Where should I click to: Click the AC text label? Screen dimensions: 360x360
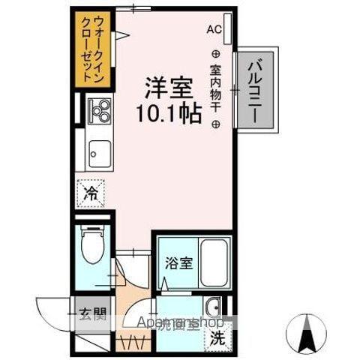214,29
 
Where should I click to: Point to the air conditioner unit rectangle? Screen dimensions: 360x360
227,31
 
